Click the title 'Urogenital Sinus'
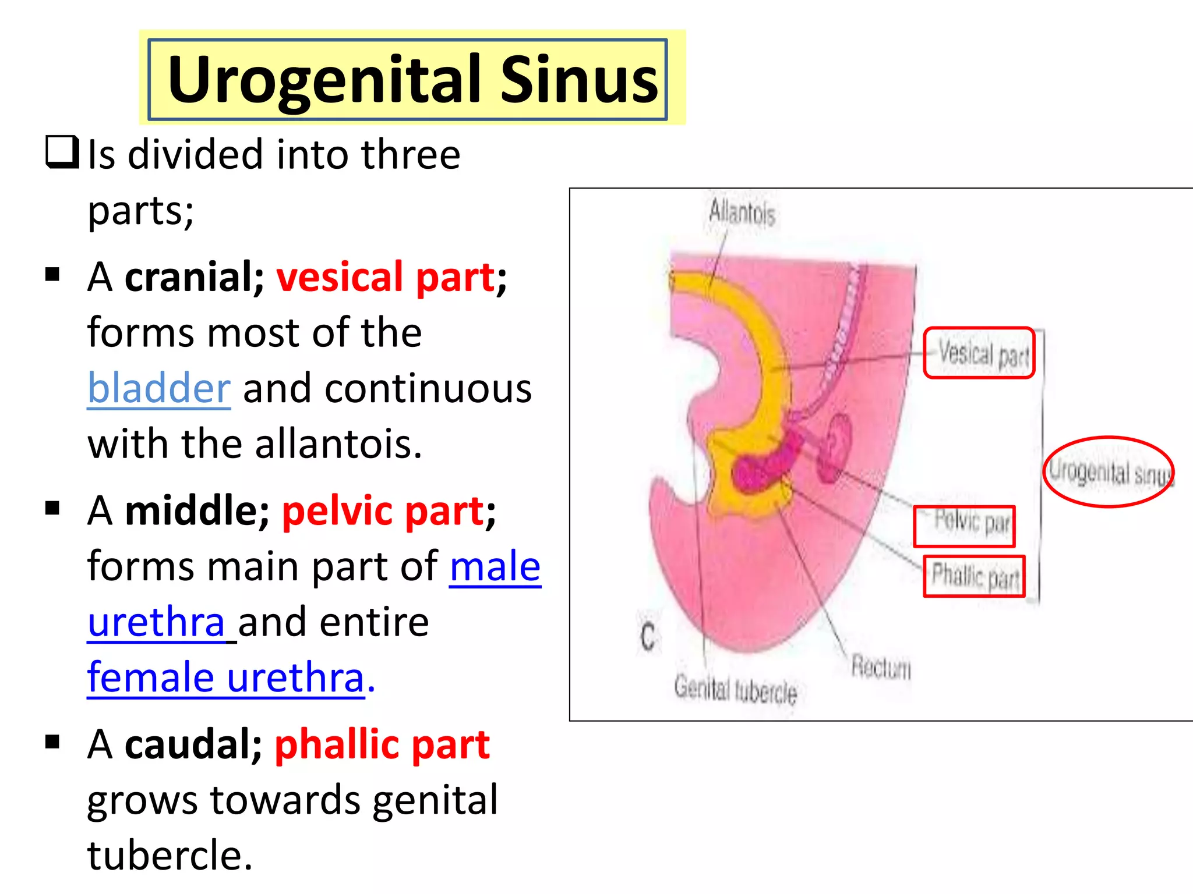[411, 79]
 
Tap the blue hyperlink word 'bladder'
[159, 389]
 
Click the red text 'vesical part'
[386, 277]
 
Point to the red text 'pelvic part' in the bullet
[383, 511]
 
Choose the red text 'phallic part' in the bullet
[382, 744]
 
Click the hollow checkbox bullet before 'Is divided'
[62, 152]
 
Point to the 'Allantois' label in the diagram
[742, 212]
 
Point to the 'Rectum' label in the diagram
[881, 667]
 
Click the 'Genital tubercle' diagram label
[735, 690]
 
